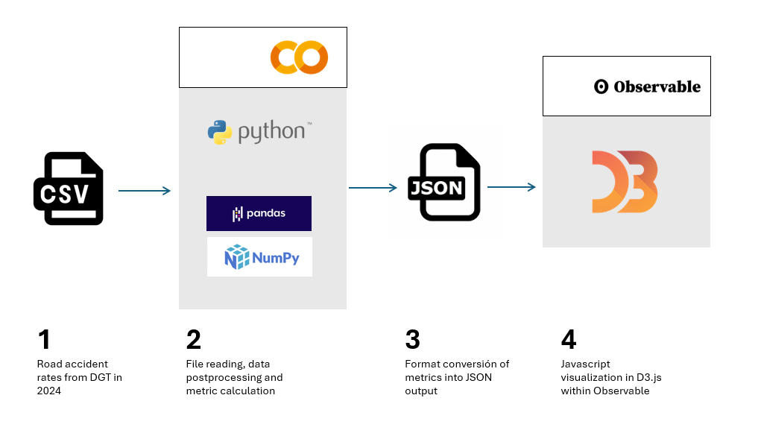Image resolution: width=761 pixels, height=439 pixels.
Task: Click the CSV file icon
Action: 69,189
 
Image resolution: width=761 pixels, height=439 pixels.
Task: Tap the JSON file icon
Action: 444,183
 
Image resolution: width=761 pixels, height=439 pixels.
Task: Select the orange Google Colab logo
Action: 299,57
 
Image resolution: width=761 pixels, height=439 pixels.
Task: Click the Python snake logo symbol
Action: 220,133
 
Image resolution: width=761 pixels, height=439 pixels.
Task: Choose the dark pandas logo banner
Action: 259,214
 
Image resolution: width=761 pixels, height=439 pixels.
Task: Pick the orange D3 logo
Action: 625,182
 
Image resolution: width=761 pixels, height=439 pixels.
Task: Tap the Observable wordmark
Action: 647,86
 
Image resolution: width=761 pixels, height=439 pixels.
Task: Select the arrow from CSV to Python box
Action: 145,191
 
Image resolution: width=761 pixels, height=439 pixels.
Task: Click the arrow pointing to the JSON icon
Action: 373,188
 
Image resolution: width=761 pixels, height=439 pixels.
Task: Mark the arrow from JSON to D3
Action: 511,187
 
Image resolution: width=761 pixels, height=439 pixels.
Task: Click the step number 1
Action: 44,340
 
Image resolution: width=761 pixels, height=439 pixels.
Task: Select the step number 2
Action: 194,340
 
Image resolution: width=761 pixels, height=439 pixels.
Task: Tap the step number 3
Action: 413,340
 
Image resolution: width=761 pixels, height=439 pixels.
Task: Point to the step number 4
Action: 569,340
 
